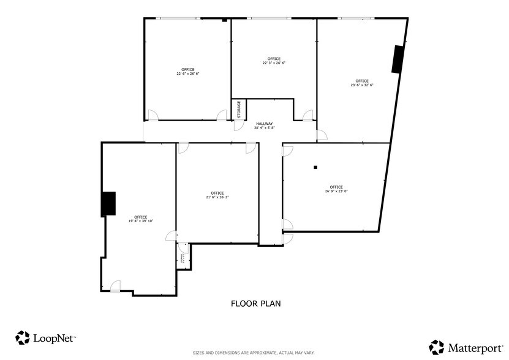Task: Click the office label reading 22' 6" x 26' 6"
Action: [x=188, y=71]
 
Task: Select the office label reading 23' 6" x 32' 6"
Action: [x=361, y=83]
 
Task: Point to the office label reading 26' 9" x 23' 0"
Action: [x=336, y=189]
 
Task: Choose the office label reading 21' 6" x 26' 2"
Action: [x=217, y=195]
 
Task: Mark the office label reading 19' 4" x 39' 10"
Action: [x=140, y=219]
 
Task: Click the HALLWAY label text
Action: [x=264, y=126]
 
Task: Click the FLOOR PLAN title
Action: [x=255, y=303]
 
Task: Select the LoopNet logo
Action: [x=45, y=337]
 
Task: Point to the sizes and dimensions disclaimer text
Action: [x=254, y=353]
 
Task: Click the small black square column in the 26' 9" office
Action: [x=315, y=167]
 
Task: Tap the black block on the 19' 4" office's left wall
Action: [x=108, y=204]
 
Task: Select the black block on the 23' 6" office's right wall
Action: [x=398, y=59]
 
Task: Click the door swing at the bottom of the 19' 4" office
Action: [x=115, y=286]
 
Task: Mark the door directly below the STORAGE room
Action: [x=239, y=126]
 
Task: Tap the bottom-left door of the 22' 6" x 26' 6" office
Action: [x=153, y=114]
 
